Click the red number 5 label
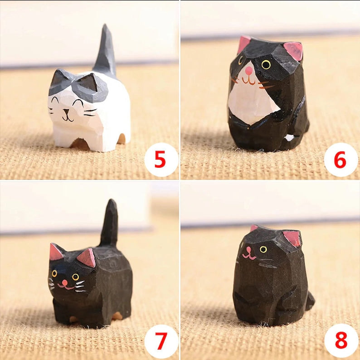160,159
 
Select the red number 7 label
161,341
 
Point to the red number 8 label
341,340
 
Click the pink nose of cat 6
249,70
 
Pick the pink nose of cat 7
65,282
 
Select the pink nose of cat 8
248,249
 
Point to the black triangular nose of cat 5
67,112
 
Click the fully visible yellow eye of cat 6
266,64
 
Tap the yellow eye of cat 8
263,249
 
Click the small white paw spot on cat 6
289,137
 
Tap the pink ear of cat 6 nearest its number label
294,51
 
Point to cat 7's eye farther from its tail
54,273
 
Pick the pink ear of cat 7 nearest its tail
87,258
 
